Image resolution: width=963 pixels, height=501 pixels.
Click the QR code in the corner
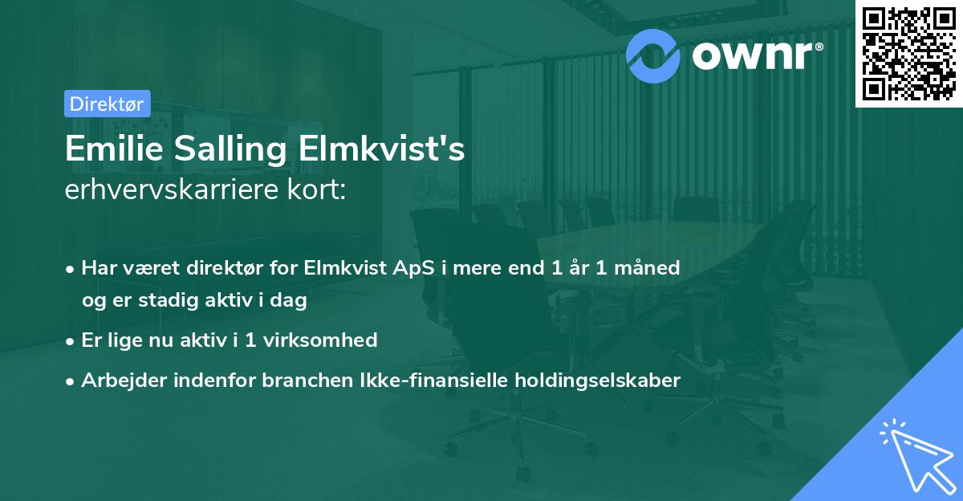[908, 54]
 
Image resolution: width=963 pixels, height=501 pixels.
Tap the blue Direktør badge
[107, 104]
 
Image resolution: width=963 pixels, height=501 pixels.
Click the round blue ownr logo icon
[652, 54]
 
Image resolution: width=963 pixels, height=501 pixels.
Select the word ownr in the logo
[756, 55]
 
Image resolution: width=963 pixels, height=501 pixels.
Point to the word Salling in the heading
[211, 149]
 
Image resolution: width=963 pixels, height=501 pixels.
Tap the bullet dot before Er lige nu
[71, 340]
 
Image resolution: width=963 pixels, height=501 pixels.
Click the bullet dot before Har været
[71, 268]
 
